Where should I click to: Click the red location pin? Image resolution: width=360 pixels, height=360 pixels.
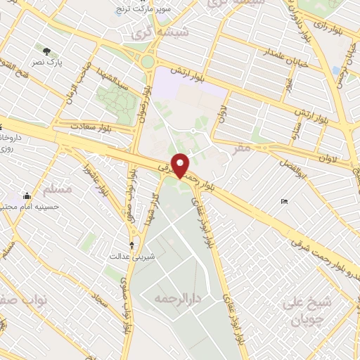coord(181,165)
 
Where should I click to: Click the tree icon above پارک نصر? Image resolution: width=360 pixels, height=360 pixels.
coord(47,51)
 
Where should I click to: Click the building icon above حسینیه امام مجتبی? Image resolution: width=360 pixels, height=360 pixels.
coord(27,195)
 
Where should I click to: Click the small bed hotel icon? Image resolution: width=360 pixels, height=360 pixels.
coord(284,202)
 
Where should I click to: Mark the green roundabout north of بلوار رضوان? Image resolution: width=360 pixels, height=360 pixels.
coord(147,61)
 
